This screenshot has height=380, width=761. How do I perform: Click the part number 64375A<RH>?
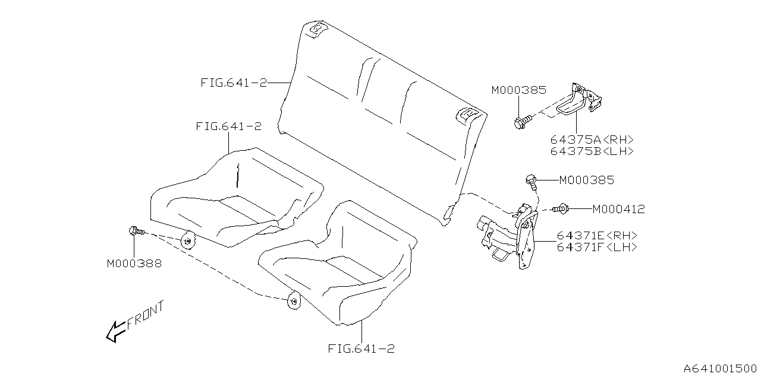click(592, 140)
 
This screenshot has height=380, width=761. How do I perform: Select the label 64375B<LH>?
click(592, 151)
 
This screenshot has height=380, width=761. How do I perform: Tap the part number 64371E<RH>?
click(597, 236)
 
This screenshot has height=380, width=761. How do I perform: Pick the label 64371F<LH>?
click(597, 247)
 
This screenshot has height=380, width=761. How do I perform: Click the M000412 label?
click(618, 209)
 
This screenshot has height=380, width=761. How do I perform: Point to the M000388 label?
click(134, 263)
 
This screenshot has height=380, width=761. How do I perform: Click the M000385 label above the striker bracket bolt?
click(518, 90)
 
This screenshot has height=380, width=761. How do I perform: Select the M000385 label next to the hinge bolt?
click(586, 180)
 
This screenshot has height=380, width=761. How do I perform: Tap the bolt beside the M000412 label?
click(561, 208)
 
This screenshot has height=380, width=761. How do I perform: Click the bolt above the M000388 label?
click(134, 231)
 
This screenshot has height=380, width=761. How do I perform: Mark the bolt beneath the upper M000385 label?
click(520, 123)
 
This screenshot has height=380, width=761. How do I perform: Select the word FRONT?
click(144, 316)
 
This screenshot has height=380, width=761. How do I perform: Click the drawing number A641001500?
click(719, 369)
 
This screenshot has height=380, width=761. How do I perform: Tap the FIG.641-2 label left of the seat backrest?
click(233, 83)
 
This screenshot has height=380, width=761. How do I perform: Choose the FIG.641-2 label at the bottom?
click(361, 349)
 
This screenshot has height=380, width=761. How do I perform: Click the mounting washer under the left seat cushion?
click(188, 241)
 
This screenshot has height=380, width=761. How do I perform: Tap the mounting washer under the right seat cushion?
click(294, 301)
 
